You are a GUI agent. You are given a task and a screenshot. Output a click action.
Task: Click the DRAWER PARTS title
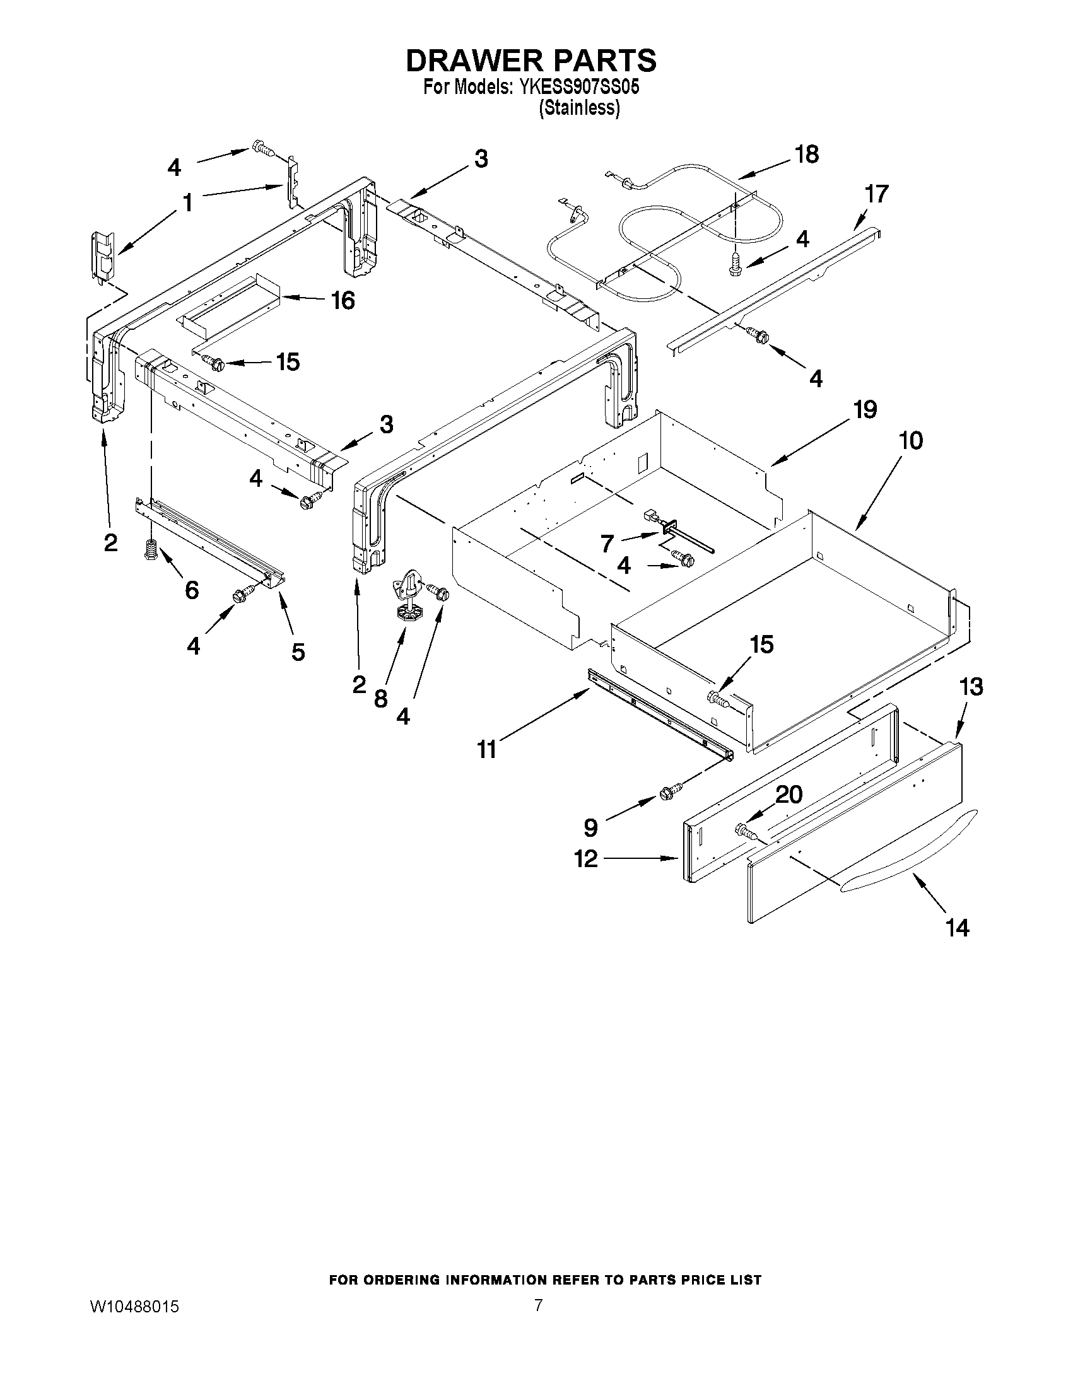click(531, 61)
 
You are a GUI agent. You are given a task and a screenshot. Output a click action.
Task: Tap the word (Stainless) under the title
click(578, 108)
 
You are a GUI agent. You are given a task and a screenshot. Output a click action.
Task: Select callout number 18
click(807, 155)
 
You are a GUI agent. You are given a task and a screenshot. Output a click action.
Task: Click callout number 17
click(876, 194)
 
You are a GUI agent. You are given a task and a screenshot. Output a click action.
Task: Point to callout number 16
click(343, 300)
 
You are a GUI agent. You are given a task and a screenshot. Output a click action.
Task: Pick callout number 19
click(864, 410)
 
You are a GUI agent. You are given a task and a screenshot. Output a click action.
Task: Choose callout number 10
click(911, 440)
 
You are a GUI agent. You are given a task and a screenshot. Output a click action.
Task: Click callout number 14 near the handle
click(957, 928)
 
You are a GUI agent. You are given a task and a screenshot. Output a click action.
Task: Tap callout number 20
click(789, 795)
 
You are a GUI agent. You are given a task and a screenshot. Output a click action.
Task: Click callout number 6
click(191, 590)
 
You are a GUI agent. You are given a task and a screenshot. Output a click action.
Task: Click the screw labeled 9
click(667, 792)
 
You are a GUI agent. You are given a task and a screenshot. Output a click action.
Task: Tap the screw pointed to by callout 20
click(743, 829)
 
